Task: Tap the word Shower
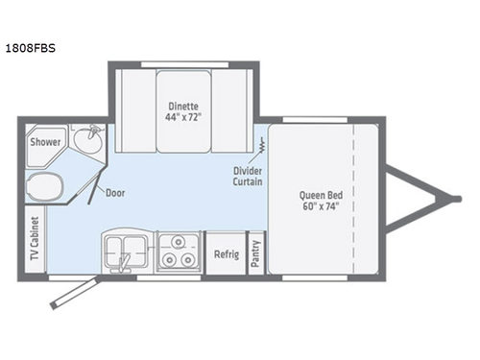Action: (44, 143)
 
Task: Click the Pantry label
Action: (256, 253)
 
